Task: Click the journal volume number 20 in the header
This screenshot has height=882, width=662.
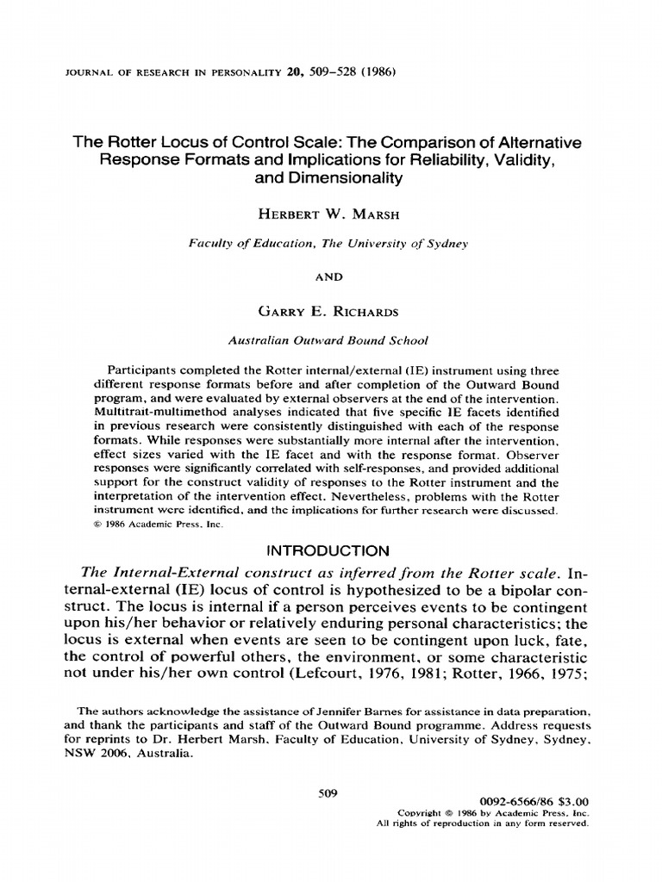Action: coord(296,72)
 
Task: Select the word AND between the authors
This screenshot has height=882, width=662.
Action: coord(330,276)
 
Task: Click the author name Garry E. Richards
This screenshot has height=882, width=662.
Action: coord(330,308)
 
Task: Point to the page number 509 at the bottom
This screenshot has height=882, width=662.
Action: coord(330,793)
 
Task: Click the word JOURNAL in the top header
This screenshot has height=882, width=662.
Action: coord(94,73)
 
